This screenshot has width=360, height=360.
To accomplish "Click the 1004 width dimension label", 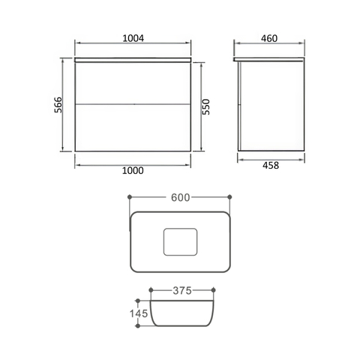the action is (133, 38).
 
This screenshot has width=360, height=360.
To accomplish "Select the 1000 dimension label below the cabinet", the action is (133, 170).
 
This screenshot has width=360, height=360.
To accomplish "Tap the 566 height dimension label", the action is (58, 105).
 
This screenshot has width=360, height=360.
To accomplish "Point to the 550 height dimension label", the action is (206, 107).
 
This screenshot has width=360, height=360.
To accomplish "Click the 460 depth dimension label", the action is (269, 38).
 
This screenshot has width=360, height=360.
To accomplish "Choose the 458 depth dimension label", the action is (271, 165).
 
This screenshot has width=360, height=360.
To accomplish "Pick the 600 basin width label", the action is (181, 197).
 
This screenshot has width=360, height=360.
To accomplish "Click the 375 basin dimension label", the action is (182, 290).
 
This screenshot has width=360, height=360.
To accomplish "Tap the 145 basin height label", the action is (139, 313).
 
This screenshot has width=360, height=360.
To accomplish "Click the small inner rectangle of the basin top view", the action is (180, 241).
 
